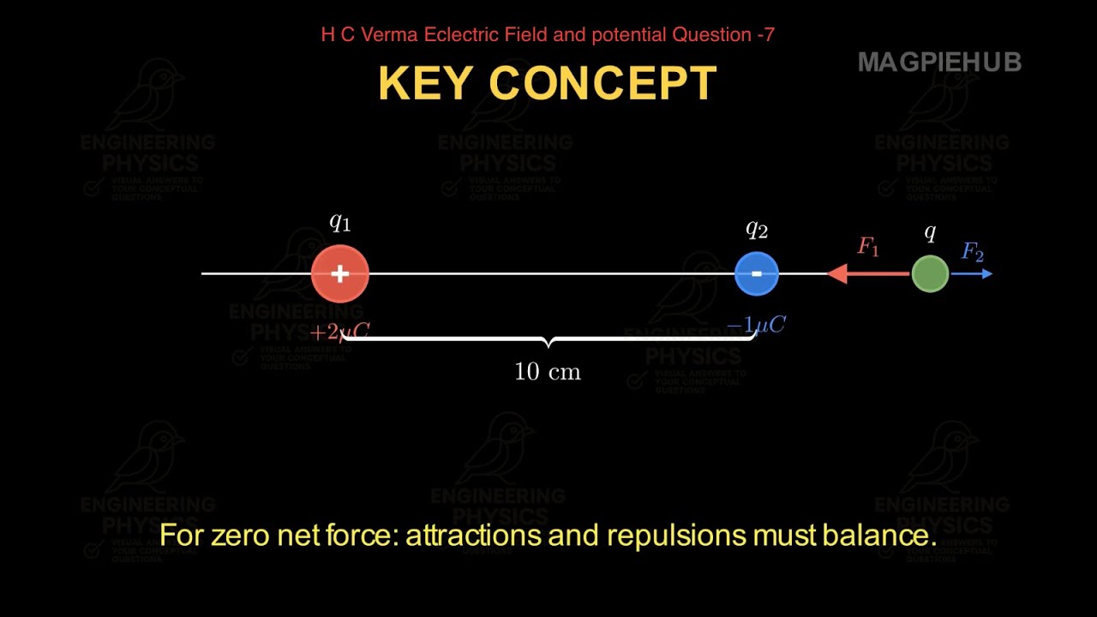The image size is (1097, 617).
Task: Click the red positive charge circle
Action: coord(340,274)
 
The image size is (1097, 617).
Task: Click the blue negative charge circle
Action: coord(757,274)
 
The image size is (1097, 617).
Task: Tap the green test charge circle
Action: coord(930,274)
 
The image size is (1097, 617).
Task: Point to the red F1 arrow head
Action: coord(836,274)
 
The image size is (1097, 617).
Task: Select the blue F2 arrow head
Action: coord(986,274)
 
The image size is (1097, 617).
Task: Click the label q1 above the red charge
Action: coord(340,223)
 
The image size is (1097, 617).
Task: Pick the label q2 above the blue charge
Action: coord(757,229)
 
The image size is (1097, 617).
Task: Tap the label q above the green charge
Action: coord(931,232)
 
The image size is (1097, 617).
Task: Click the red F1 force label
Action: coord(868,248)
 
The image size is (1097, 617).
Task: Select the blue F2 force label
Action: coord(973,252)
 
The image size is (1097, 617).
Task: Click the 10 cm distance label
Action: coord(548,372)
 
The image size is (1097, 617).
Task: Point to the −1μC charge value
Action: coord(756,325)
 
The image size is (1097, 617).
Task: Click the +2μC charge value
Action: coord(339,332)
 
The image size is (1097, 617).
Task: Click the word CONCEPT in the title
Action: coord(602,83)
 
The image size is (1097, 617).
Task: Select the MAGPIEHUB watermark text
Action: coord(939,62)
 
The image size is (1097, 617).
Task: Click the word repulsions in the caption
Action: coord(676,536)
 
